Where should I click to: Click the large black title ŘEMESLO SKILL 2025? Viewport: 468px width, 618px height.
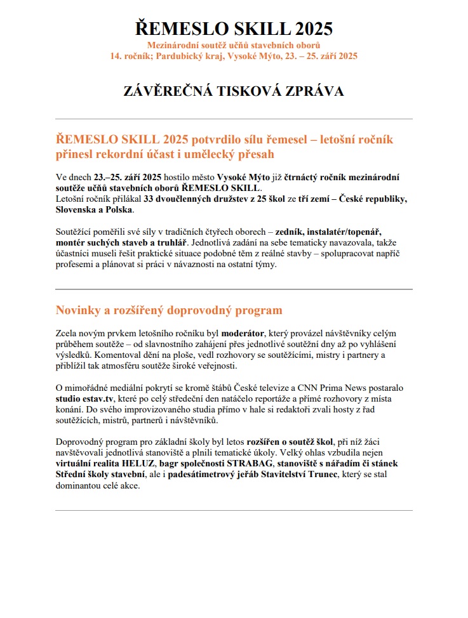234,29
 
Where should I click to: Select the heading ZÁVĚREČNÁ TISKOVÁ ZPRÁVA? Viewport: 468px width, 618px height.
234,91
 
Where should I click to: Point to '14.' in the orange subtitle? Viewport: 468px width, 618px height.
116,56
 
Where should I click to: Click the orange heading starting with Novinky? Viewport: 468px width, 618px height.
169,310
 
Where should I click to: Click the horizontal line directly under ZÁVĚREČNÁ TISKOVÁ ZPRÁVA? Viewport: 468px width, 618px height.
234,119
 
